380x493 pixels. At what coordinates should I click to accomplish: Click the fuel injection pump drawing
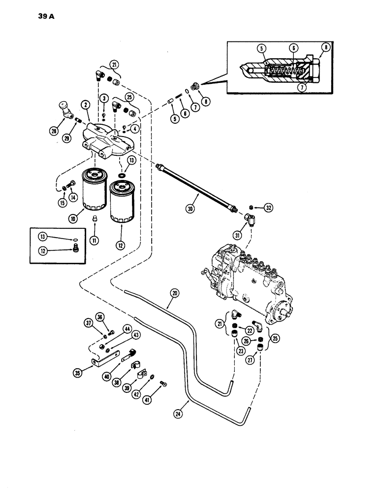[x=246, y=286]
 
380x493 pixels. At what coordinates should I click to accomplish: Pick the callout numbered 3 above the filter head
[x=104, y=99]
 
